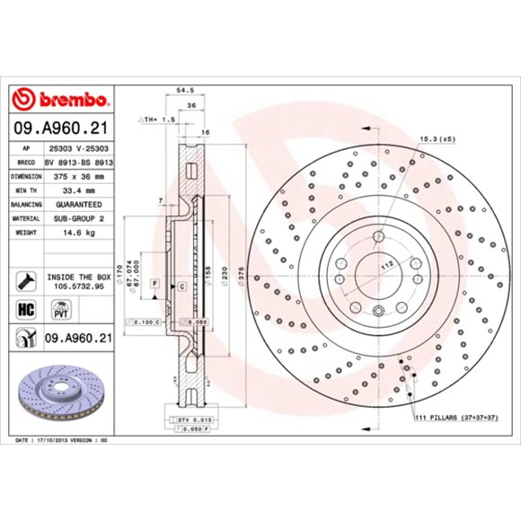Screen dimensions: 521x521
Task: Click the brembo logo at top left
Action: pos(61,98)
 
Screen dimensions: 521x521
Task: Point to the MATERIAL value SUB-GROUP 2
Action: pos(78,218)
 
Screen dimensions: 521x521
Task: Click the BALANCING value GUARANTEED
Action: pos(78,205)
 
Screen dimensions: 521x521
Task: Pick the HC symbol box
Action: pos(23,310)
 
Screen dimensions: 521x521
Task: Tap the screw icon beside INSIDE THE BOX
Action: pos(23,280)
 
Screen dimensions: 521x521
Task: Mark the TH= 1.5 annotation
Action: pos(158,119)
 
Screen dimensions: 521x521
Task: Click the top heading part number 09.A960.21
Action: pos(61,128)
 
